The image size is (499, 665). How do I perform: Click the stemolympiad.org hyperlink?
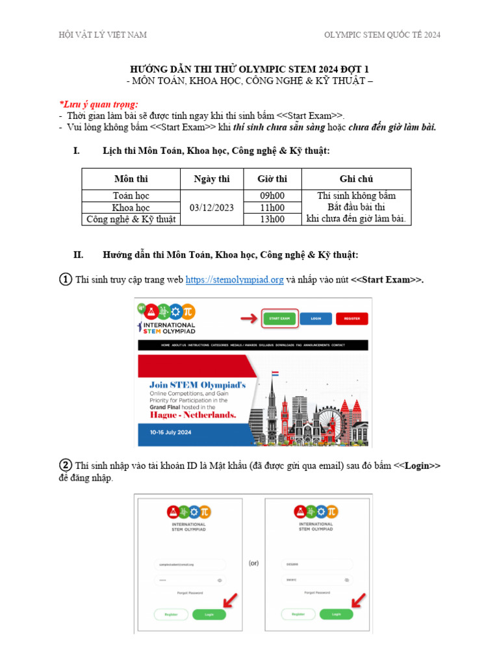pos(235,280)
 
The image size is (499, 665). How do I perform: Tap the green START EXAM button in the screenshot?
pos(279,318)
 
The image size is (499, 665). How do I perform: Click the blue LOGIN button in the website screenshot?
pos(316,318)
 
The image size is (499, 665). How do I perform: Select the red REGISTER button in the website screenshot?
pos(352,318)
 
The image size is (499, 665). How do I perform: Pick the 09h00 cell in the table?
pos(272,195)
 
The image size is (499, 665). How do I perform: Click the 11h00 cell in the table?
pos(272,208)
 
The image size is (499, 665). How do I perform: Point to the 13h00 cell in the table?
pos(272,220)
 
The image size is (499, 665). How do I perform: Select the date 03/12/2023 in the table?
pos(212,208)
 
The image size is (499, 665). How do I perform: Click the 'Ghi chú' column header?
pos(356,179)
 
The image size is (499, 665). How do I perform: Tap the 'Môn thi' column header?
pos(131,179)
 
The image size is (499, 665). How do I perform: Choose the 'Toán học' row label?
pos(131,195)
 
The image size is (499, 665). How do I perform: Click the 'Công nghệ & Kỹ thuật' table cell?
pos(131,220)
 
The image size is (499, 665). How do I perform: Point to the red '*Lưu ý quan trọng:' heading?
pos(98,105)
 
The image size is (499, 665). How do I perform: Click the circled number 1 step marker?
pos(66,280)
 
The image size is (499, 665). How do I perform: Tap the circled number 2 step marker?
pos(66,466)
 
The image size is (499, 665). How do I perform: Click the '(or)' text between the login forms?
pos(253,563)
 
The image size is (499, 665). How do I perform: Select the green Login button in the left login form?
pos(209,614)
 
